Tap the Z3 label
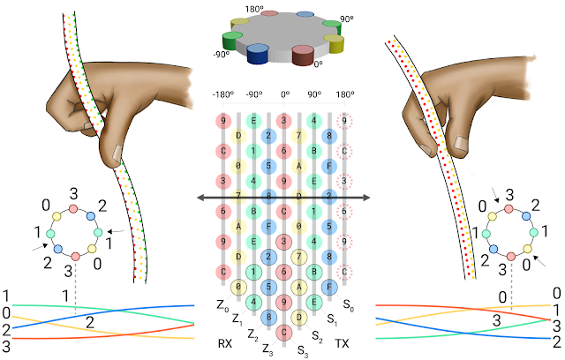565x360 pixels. coord(268,349)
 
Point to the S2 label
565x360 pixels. coord(317,336)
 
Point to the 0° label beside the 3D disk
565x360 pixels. coord(318,64)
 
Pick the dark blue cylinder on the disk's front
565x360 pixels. coord(258,55)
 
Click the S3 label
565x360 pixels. coord(303,349)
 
